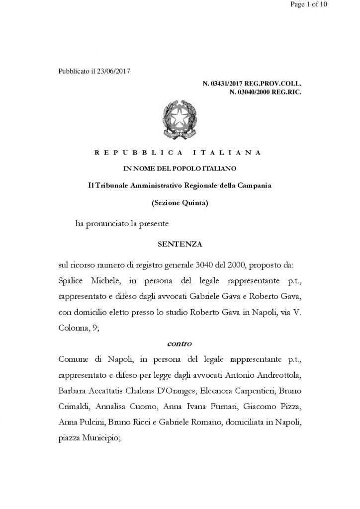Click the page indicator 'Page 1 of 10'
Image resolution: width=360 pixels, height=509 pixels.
point(329,5)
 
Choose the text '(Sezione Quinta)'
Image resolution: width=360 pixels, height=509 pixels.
point(180,202)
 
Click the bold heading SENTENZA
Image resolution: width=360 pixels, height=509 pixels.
point(180,244)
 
